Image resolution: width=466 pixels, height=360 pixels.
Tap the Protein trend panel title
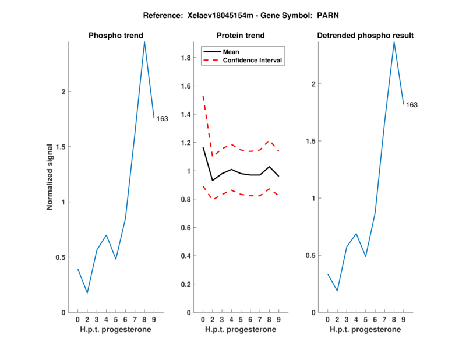pos(240,36)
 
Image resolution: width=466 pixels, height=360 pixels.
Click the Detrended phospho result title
pos(365,36)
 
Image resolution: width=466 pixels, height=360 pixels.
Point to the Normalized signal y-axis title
pos(50,177)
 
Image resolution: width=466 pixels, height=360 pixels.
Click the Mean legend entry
pos(231,51)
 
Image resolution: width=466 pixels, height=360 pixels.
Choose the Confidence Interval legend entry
pos(253,60)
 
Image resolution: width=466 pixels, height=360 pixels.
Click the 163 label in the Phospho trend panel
pos(162,119)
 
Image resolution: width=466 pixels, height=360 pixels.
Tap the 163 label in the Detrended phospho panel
pos(412,105)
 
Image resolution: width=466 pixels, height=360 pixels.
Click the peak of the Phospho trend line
pos(144,41)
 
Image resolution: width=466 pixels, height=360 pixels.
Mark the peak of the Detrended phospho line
pos(394,41)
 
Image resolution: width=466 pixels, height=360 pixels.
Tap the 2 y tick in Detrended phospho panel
pos(314,84)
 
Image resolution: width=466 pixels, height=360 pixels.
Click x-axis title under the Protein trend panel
pos(240,330)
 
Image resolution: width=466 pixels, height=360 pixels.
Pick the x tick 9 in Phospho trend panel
pos(154,319)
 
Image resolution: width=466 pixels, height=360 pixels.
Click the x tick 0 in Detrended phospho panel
pos(327,319)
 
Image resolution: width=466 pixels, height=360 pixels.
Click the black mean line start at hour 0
pos(203,147)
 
